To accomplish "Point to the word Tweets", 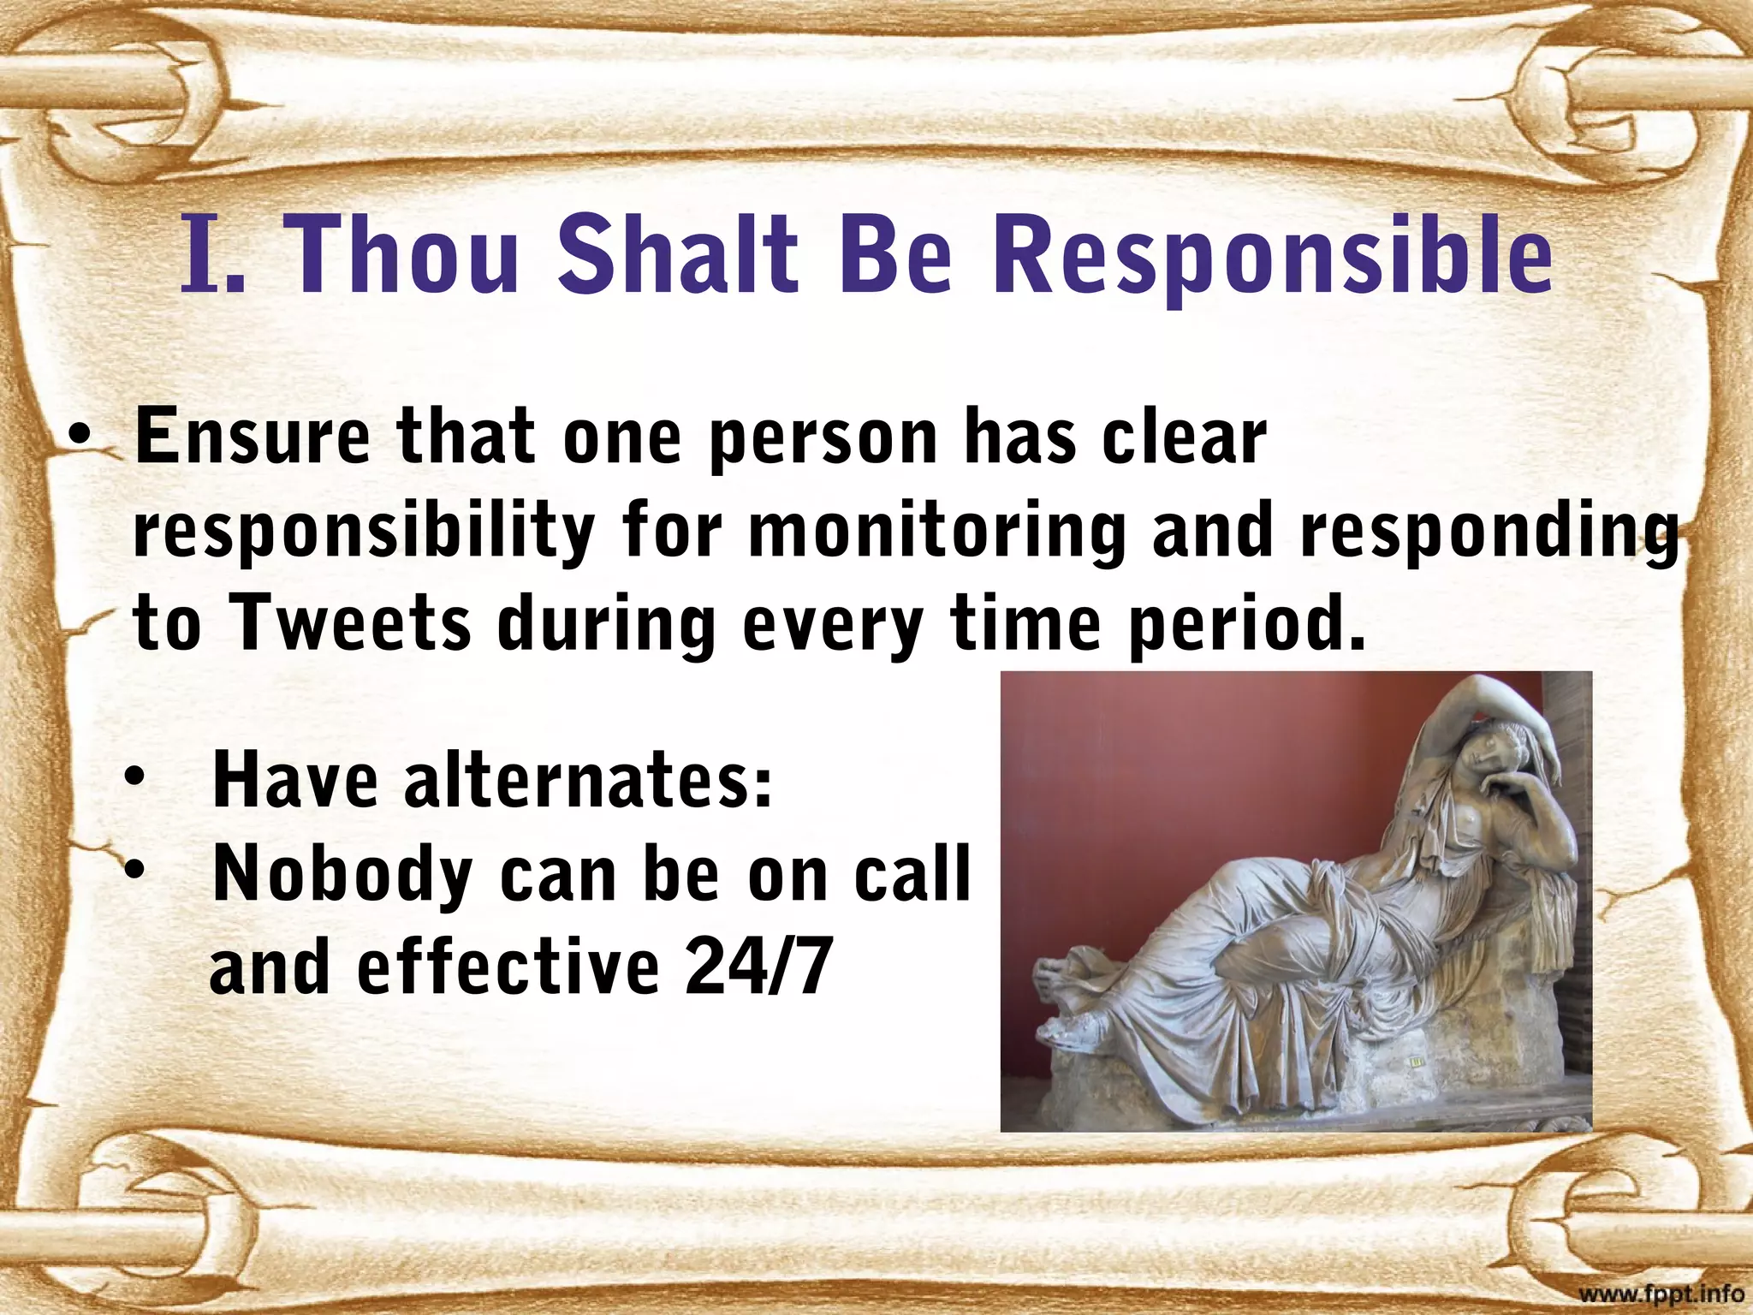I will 351,623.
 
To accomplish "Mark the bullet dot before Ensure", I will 79,437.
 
